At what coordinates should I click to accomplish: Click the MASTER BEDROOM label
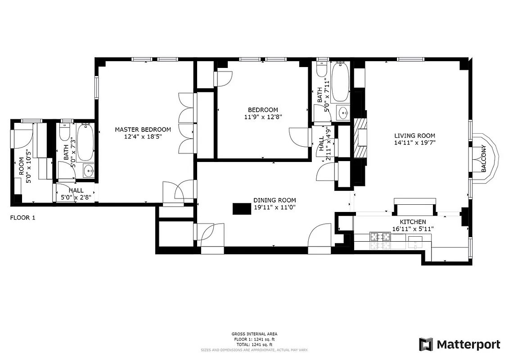point(143,130)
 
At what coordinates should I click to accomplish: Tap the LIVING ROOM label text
point(414,135)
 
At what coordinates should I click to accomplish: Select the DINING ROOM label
point(275,200)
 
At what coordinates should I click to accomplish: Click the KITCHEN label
point(413,222)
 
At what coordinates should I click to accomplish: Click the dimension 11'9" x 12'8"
point(263,117)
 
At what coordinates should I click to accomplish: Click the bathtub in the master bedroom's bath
point(85,143)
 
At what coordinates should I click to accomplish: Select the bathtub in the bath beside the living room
point(340,81)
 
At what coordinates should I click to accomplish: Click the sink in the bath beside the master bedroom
point(89,171)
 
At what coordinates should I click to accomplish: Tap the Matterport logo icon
point(426,344)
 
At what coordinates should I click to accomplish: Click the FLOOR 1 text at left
point(23,218)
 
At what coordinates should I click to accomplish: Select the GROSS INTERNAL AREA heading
point(254,334)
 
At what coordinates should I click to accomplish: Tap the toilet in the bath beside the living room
point(322,70)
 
